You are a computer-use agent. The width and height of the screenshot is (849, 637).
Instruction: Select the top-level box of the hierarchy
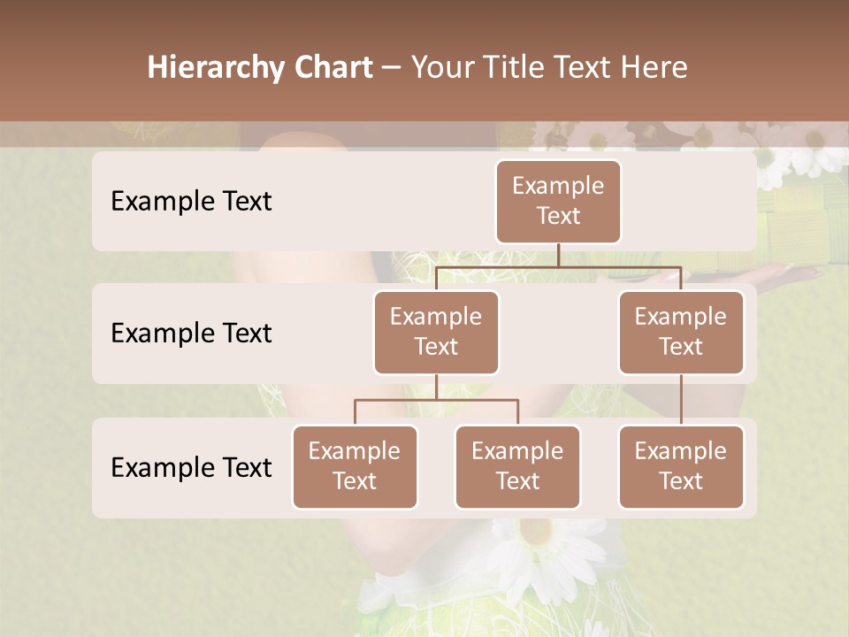[x=558, y=201]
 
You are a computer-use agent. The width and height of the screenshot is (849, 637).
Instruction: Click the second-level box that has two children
[x=436, y=332]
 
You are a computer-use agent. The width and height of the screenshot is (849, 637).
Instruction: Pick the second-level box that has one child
[x=681, y=332]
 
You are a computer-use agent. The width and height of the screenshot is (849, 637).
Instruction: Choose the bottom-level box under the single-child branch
[x=681, y=466]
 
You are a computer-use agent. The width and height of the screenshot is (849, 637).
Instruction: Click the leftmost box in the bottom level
[x=355, y=466]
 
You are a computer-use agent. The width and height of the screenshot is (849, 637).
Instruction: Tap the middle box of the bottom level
[x=517, y=466]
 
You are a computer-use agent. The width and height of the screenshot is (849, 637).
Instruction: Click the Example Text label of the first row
[x=191, y=201]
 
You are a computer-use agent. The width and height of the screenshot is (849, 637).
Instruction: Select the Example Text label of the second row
[x=191, y=333]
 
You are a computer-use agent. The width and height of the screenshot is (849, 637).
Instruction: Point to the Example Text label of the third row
[x=191, y=467]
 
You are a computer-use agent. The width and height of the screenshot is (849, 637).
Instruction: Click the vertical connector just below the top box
[x=558, y=255]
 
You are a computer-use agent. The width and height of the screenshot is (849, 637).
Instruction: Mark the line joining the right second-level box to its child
[x=681, y=400]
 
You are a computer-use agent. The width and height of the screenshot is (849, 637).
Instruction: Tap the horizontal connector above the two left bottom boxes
[x=436, y=400]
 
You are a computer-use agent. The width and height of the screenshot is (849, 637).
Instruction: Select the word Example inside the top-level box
[x=558, y=186]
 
